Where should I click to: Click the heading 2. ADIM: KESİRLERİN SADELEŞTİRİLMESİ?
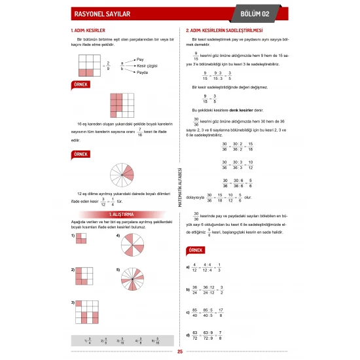click(225, 30)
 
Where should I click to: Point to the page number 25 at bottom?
click(180, 351)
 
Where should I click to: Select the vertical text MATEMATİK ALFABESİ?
click(179, 186)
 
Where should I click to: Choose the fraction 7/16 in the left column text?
click(132, 130)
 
